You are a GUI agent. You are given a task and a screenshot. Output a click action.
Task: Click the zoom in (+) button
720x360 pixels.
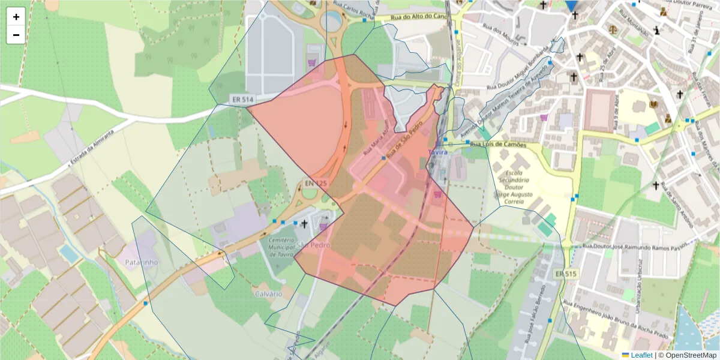[16, 17]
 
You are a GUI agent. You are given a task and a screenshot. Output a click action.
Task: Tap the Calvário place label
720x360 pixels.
[268, 293]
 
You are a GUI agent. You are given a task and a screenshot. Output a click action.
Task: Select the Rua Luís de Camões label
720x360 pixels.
[498, 145]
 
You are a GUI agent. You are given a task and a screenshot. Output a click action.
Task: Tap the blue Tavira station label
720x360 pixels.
[439, 152]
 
